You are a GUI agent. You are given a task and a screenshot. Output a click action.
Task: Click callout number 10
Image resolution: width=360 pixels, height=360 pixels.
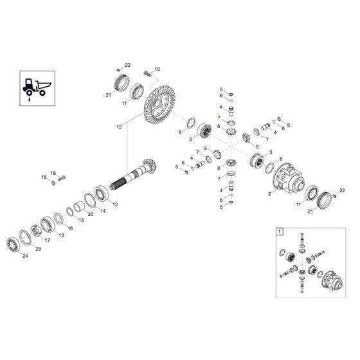coord(157,69)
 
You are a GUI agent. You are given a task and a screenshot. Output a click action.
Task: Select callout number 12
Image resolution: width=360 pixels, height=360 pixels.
coord(118,128)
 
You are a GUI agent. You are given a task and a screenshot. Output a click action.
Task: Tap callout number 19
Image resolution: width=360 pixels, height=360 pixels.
coord(53,172)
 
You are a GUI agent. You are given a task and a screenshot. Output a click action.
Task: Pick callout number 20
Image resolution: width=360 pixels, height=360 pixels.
coord(90,214)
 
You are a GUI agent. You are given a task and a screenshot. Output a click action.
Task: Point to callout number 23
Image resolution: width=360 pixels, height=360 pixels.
coord(38,248)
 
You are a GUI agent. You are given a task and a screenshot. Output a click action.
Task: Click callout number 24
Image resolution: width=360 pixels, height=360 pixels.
coord(26,256)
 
